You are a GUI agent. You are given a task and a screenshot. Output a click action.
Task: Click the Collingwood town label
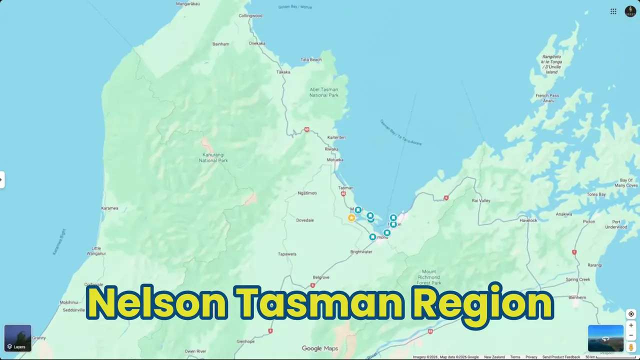[x=250, y=16]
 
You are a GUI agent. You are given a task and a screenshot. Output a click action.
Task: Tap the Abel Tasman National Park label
[x=324, y=92]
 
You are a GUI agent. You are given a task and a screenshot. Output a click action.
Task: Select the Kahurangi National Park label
[x=213, y=157]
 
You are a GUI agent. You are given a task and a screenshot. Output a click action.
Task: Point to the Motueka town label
[x=335, y=160]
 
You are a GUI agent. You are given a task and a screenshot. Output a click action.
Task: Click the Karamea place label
[x=109, y=208]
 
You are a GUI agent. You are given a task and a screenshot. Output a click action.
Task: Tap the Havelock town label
[x=528, y=220]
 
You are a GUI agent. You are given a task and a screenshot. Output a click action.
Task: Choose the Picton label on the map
[x=589, y=221]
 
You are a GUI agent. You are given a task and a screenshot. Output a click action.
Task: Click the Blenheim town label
[x=577, y=297]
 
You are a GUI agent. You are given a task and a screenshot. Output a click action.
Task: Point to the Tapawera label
[x=287, y=254]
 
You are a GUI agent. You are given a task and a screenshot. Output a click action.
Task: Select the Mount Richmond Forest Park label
[x=428, y=277]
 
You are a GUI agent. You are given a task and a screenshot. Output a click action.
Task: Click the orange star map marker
[x=351, y=218]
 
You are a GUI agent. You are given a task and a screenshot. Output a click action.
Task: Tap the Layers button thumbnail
[x=17, y=338]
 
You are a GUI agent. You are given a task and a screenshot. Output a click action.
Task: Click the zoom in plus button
[x=631, y=325]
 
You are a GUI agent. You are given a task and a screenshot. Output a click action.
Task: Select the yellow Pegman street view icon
[x=631, y=346]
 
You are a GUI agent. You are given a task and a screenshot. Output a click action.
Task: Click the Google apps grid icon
[x=613, y=11]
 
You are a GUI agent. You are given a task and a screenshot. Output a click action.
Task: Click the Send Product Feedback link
[x=561, y=357]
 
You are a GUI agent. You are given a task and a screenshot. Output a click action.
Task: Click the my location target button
[x=631, y=314]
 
